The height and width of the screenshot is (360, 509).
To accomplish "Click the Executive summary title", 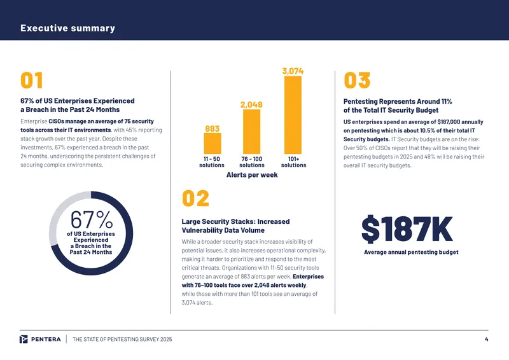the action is pyautogui.click(x=67, y=28).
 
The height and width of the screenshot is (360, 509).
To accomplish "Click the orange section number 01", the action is pyautogui.click(x=31, y=80).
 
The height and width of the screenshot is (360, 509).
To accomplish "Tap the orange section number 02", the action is pyautogui.click(x=195, y=198).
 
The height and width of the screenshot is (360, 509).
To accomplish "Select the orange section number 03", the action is pyautogui.click(x=357, y=80).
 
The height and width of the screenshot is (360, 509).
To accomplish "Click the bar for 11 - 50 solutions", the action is pyautogui.click(x=213, y=143).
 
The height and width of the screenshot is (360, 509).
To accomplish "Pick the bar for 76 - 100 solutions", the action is pyautogui.click(x=251, y=132).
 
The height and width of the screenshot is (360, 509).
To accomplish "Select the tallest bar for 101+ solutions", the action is pyautogui.click(x=293, y=115).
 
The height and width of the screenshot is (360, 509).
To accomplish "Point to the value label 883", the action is pyautogui.click(x=213, y=129).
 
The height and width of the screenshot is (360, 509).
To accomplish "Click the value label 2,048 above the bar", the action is pyautogui.click(x=251, y=104).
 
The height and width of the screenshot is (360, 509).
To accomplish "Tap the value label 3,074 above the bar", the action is pyautogui.click(x=293, y=71).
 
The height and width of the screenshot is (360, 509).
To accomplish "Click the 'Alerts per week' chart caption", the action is pyautogui.click(x=252, y=175).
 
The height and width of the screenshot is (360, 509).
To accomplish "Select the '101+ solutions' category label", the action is pyautogui.click(x=293, y=162).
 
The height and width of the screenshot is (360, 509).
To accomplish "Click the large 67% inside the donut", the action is pyautogui.click(x=92, y=220).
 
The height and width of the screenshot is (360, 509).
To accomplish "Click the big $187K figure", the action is pyautogui.click(x=407, y=229).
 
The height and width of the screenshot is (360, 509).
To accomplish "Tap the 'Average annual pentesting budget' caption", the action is pyautogui.click(x=411, y=253).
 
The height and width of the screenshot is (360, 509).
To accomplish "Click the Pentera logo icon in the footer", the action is pyautogui.click(x=24, y=339).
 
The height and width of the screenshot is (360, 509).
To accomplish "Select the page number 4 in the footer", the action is pyautogui.click(x=486, y=339).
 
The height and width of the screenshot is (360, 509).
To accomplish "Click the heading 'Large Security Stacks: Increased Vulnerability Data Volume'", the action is pyautogui.click(x=235, y=226).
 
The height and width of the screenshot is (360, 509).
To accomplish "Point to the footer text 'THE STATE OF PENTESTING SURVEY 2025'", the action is pyautogui.click(x=122, y=340).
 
